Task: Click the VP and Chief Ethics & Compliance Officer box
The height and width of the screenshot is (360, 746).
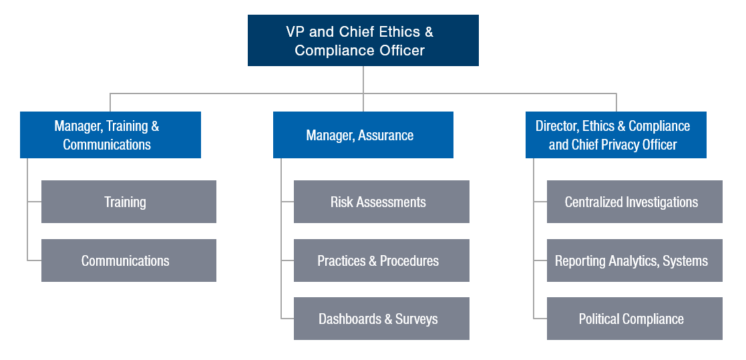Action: tap(363, 41)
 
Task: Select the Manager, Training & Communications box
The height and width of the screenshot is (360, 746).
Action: tap(110, 135)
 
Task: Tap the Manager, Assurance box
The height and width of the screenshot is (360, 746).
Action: tap(363, 135)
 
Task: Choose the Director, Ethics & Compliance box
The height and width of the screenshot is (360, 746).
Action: tap(616, 135)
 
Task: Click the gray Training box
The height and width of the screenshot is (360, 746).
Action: tap(129, 202)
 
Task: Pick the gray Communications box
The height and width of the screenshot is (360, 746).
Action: tap(129, 260)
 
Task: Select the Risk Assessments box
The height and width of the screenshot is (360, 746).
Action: tap(381, 202)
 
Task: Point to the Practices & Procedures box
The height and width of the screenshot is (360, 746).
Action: tap(381, 260)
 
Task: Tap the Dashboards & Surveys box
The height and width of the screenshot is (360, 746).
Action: tap(381, 319)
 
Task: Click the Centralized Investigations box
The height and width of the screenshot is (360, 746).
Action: tap(634, 202)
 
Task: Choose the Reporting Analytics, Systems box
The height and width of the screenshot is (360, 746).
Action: tap(634, 260)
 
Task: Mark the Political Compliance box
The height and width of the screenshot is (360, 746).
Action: tap(634, 319)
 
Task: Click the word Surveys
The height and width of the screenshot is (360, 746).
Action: tap(416, 319)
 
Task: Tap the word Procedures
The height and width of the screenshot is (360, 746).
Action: tap(409, 260)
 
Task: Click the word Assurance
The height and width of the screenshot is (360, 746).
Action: tap(386, 136)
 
